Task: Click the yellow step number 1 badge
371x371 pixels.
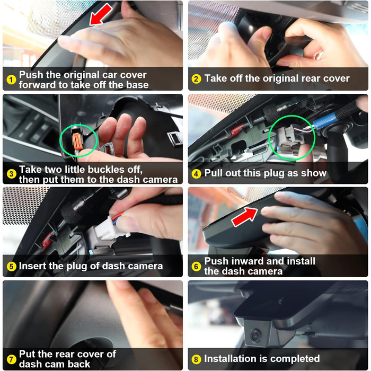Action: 11,79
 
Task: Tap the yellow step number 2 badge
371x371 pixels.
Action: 196,78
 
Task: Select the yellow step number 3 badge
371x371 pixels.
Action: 11,174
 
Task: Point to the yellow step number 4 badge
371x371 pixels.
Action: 196,174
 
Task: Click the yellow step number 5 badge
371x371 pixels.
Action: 11,267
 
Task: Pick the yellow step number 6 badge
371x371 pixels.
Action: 196,267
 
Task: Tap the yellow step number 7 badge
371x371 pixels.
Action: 11,359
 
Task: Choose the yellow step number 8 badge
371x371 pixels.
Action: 196,359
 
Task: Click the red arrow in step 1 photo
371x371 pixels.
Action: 101,15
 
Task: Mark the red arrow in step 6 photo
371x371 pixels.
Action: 244,217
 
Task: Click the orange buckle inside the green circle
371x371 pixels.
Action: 77,142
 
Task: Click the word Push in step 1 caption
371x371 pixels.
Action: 31,75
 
